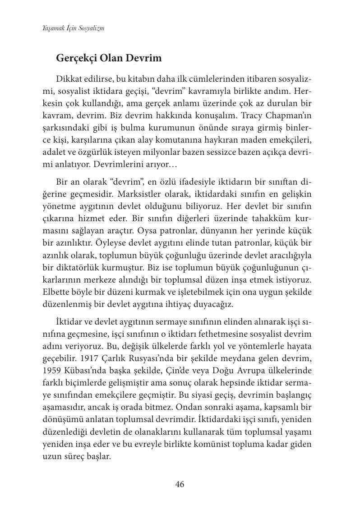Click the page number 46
(x=180, y=485)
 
